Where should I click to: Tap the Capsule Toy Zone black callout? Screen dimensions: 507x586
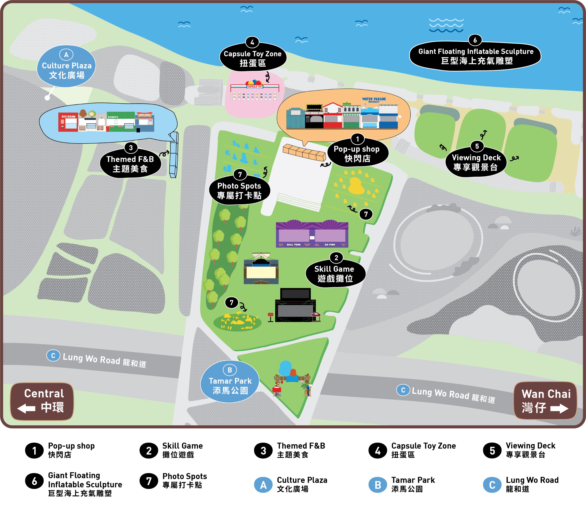point(253,58)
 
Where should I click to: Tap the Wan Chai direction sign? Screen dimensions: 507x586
point(545,401)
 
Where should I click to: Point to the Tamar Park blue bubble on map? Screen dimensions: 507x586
point(230,382)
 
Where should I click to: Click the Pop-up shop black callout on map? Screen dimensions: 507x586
point(357,154)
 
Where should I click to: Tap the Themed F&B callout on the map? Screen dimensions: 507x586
point(130,164)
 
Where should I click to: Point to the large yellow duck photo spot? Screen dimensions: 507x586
point(355,186)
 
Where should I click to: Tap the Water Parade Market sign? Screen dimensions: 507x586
point(374,100)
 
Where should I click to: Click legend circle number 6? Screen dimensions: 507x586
point(34,481)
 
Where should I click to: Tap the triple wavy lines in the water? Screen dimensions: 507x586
point(446,25)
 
